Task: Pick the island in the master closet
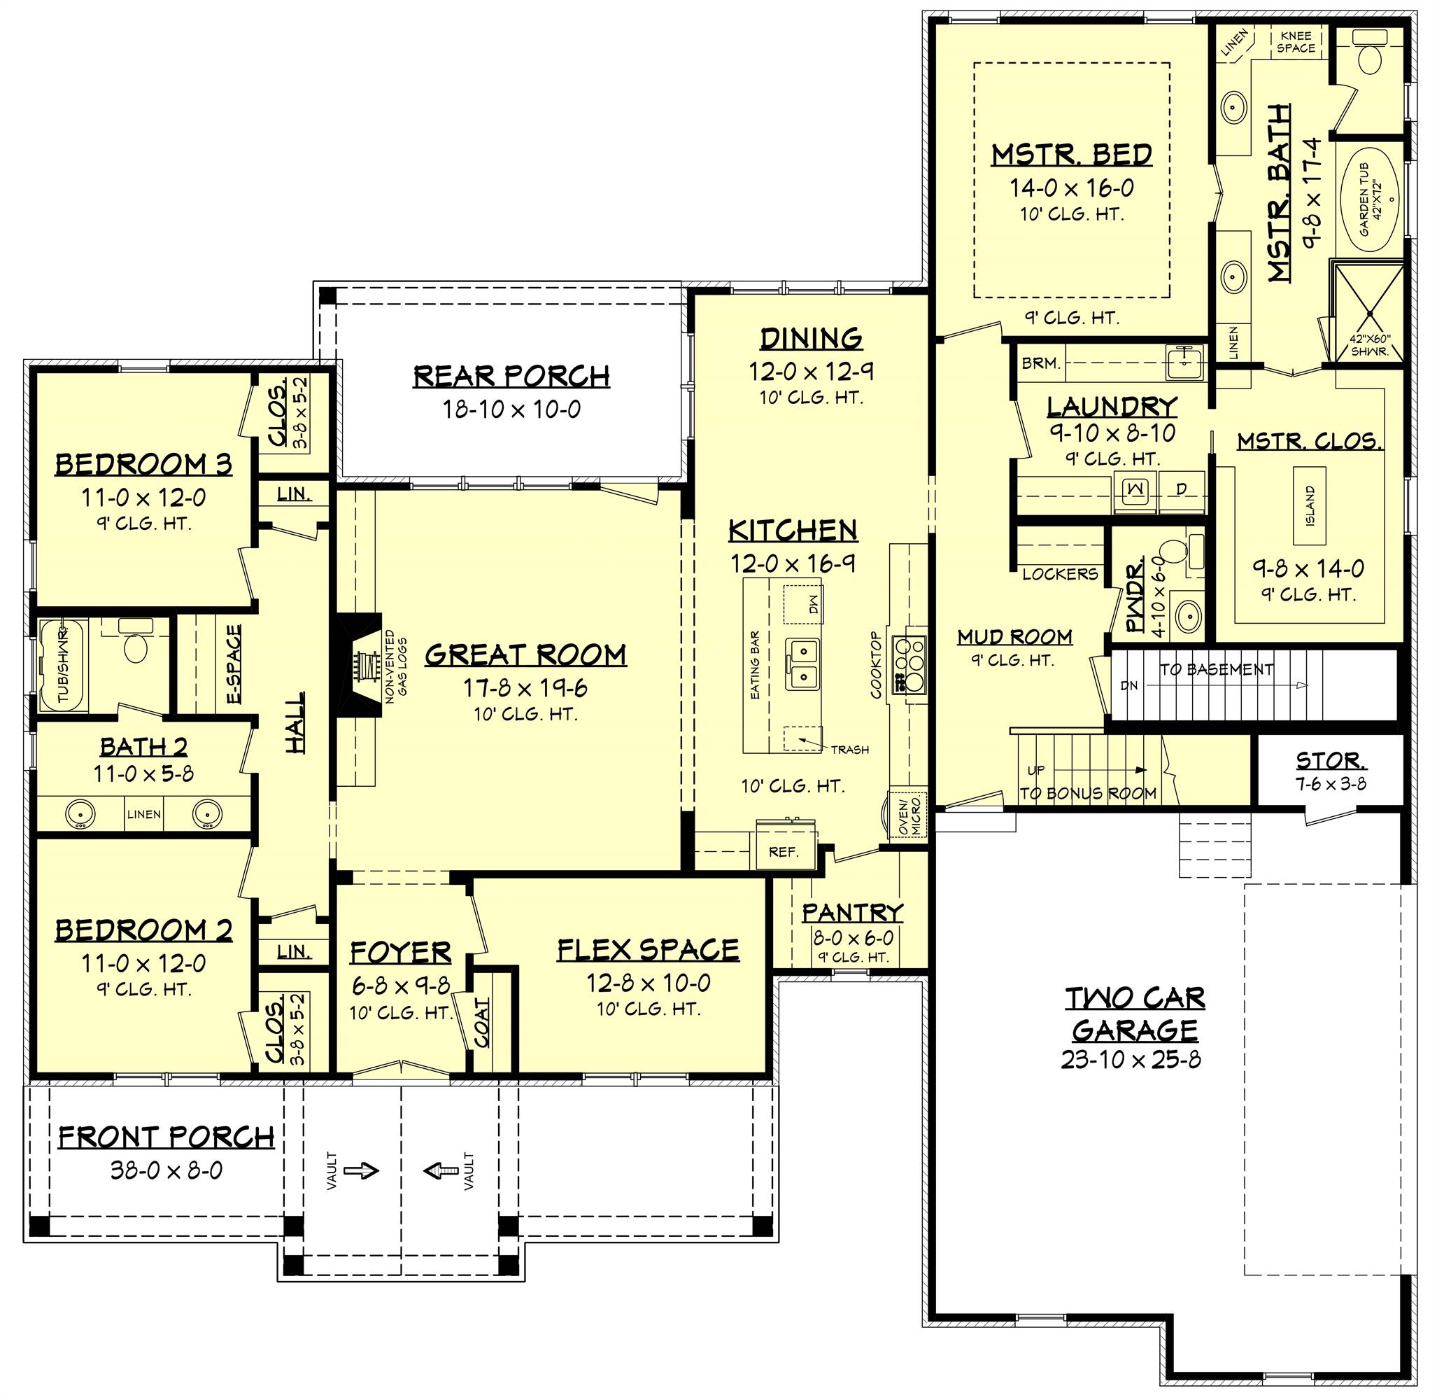click(x=1311, y=505)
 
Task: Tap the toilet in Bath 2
click(x=134, y=641)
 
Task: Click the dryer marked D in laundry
click(x=1181, y=490)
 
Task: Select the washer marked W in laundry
click(x=1136, y=490)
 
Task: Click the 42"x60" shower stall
click(x=1369, y=312)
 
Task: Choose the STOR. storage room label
click(x=1331, y=759)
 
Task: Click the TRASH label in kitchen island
click(x=850, y=750)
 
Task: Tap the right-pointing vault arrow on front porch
click(x=362, y=1170)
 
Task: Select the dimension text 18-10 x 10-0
click(x=511, y=409)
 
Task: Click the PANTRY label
click(x=852, y=913)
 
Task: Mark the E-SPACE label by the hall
click(x=234, y=664)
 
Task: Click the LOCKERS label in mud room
click(x=1060, y=573)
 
